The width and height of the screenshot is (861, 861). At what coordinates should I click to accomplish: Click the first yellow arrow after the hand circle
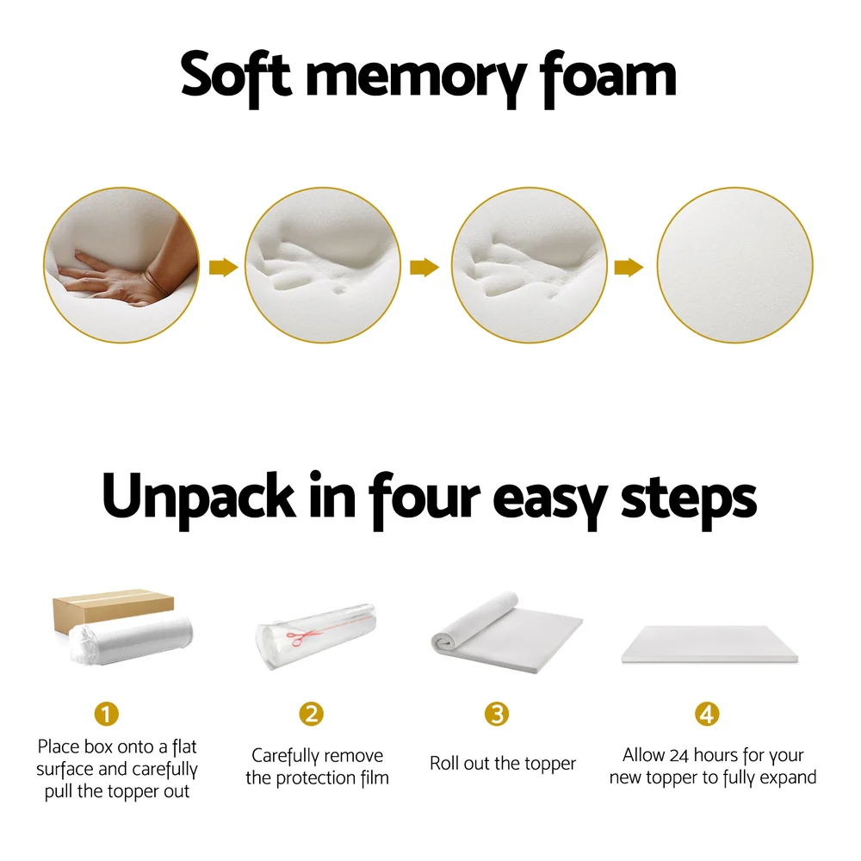224,268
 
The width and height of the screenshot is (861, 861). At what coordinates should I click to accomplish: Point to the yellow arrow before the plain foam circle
629,268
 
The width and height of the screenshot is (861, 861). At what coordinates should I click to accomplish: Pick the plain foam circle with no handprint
734,266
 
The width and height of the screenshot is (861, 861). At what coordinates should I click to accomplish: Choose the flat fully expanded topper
709,644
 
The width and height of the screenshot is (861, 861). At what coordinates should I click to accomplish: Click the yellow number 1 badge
106,714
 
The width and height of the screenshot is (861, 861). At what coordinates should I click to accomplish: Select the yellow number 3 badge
496,714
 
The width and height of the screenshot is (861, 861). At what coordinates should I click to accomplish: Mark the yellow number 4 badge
707,714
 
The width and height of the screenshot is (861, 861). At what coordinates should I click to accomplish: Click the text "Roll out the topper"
503,764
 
